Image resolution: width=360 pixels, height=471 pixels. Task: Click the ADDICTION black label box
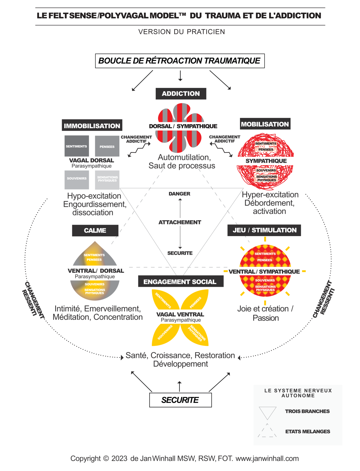click(181, 94)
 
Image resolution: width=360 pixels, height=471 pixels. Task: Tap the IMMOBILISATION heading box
click(92, 125)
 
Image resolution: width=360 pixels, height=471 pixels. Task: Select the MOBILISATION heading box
click(265, 124)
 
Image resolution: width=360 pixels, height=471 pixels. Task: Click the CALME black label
click(95, 230)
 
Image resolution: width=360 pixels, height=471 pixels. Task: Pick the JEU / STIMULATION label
click(264, 230)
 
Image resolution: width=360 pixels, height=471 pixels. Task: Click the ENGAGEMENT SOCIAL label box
click(180, 282)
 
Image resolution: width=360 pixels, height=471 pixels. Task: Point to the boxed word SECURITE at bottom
click(180, 400)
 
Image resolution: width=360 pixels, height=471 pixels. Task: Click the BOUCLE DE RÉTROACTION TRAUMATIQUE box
click(180, 61)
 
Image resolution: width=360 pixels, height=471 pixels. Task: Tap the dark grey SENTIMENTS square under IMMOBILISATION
click(76, 146)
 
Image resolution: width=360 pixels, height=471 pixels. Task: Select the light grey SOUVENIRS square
click(76, 179)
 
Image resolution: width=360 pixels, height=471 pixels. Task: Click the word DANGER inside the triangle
click(179, 194)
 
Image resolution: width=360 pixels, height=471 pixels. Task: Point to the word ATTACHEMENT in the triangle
click(180, 222)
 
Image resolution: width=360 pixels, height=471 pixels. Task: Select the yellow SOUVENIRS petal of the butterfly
click(165, 333)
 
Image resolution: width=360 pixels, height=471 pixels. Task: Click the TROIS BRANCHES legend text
click(307, 411)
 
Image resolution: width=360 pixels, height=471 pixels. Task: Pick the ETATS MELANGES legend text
click(307, 431)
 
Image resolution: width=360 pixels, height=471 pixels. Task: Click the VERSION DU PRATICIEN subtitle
click(181, 32)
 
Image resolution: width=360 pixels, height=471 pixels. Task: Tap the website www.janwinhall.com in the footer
click(267, 458)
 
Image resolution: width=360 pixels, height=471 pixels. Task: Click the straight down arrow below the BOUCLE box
click(180, 76)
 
